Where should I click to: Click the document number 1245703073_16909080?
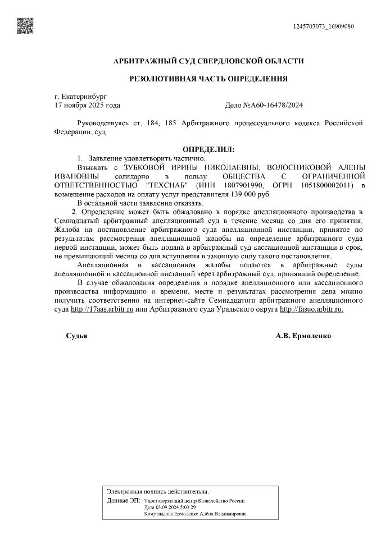(324, 26)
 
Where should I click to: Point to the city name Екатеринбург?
(84, 97)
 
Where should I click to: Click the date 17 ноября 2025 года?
(87, 105)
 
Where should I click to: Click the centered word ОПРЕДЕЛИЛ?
(208, 149)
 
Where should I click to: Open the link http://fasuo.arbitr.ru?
(311, 309)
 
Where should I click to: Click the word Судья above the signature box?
(76, 335)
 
